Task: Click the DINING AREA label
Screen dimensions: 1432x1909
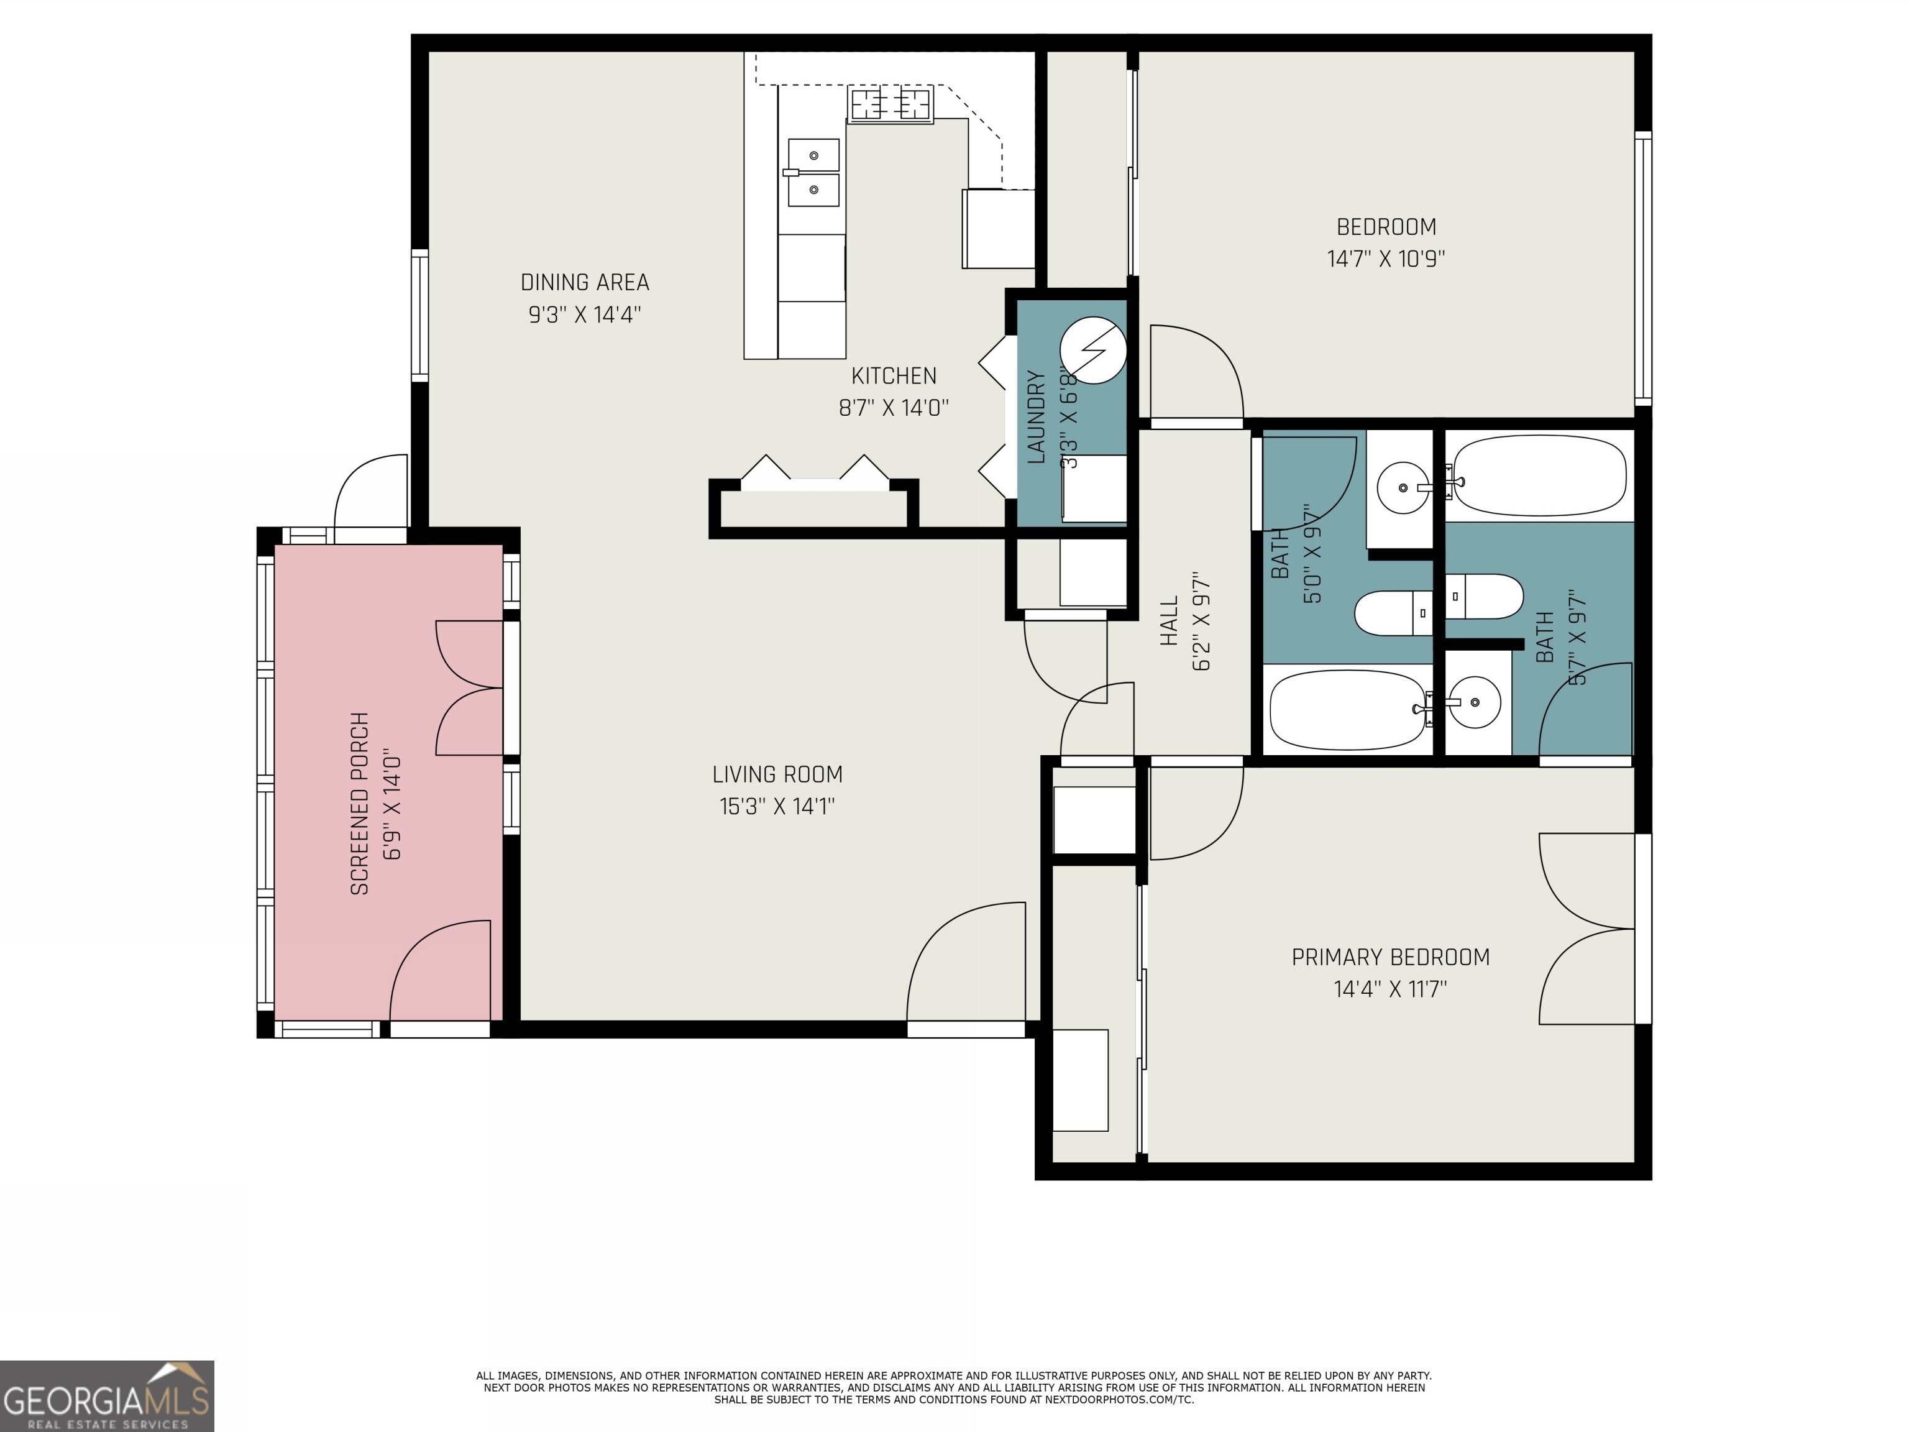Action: click(x=584, y=282)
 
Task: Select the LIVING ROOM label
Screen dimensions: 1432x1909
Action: click(x=777, y=774)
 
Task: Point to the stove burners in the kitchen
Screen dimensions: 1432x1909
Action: click(x=890, y=104)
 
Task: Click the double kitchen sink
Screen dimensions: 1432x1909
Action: click(x=813, y=173)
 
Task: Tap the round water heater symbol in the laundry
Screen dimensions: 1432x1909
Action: click(x=1092, y=351)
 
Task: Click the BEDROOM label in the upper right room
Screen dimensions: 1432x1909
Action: click(x=1386, y=227)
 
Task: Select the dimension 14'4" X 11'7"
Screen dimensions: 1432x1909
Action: click(x=1389, y=988)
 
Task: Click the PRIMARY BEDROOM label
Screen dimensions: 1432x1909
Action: click(x=1389, y=957)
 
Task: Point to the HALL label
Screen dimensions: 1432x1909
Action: click(x=1170, y=621)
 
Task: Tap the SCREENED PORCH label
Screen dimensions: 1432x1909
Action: click(x=360, y=803)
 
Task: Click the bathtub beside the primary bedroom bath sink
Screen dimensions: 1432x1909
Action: click(x=1347, y=710)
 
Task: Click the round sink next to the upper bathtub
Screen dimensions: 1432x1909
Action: click(x=1403, y=488)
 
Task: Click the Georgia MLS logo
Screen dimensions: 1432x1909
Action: click(x=106, y=1396)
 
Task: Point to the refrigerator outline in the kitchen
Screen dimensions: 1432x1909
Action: click(x=999, y=229)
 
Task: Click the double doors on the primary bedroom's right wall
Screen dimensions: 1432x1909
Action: click(x=1588, y=929)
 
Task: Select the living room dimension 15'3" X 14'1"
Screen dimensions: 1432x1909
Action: click(x=777, y=806)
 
